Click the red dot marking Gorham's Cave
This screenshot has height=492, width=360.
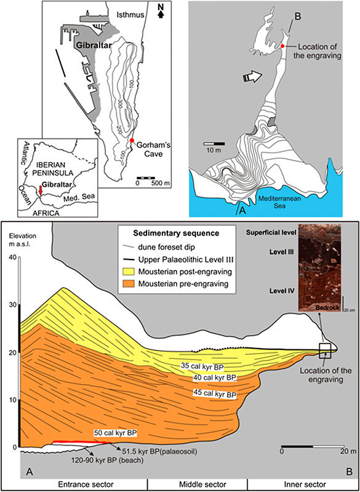pos(132,140)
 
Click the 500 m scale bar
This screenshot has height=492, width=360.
pos(146,178)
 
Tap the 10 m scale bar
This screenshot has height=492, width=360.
pos(214,143)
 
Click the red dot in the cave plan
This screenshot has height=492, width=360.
pos(282,46)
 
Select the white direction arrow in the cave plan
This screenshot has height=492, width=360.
pos(253,77)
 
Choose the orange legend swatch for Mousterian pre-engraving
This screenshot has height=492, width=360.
pos(129,284)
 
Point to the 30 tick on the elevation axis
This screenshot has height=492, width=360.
pos(14,304)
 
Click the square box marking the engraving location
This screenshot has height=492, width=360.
pos(325,351)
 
